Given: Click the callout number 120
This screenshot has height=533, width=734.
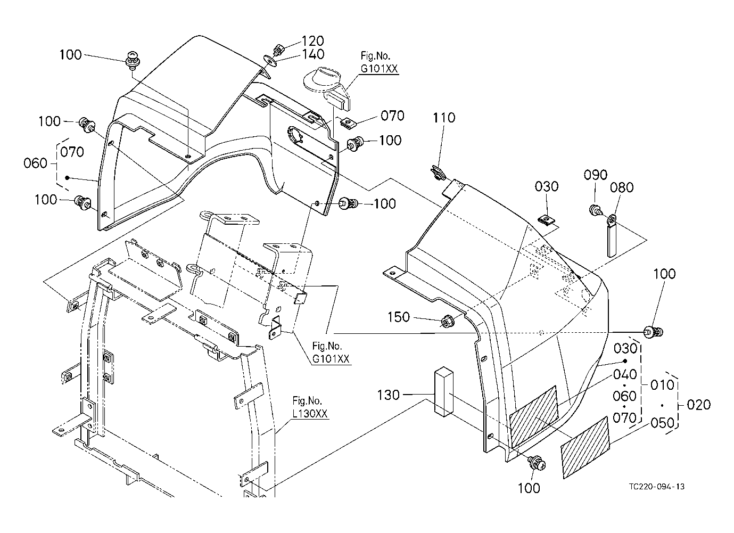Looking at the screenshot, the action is (312, 41).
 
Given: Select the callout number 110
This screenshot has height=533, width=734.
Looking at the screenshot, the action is (444, 118).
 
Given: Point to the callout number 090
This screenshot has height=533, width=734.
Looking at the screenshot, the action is (596, 175).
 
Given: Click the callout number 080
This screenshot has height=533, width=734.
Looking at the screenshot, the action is (622, 187).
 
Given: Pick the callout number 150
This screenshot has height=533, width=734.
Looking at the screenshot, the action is (399, 317).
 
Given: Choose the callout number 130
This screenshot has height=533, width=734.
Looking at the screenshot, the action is (389, 395).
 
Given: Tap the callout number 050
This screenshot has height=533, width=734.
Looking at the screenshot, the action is (662, 423).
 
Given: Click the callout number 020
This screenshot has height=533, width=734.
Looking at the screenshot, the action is (699, 405).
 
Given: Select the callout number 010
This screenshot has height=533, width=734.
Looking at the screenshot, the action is (662, 385).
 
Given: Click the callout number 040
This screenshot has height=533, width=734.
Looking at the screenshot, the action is (625, 374).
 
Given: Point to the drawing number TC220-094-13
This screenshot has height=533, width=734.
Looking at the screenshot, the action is (657, 487).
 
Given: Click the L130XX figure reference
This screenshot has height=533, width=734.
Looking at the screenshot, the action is (310, 414).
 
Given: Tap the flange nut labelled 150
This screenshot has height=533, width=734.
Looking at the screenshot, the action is (446, 321).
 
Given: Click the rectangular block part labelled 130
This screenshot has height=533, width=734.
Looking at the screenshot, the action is (444, 392).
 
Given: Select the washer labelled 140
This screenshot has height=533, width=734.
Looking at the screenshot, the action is (270, 61).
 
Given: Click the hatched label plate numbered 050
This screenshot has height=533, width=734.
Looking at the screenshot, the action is (585, 448).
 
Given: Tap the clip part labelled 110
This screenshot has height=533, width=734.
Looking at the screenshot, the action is (437, 173).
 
